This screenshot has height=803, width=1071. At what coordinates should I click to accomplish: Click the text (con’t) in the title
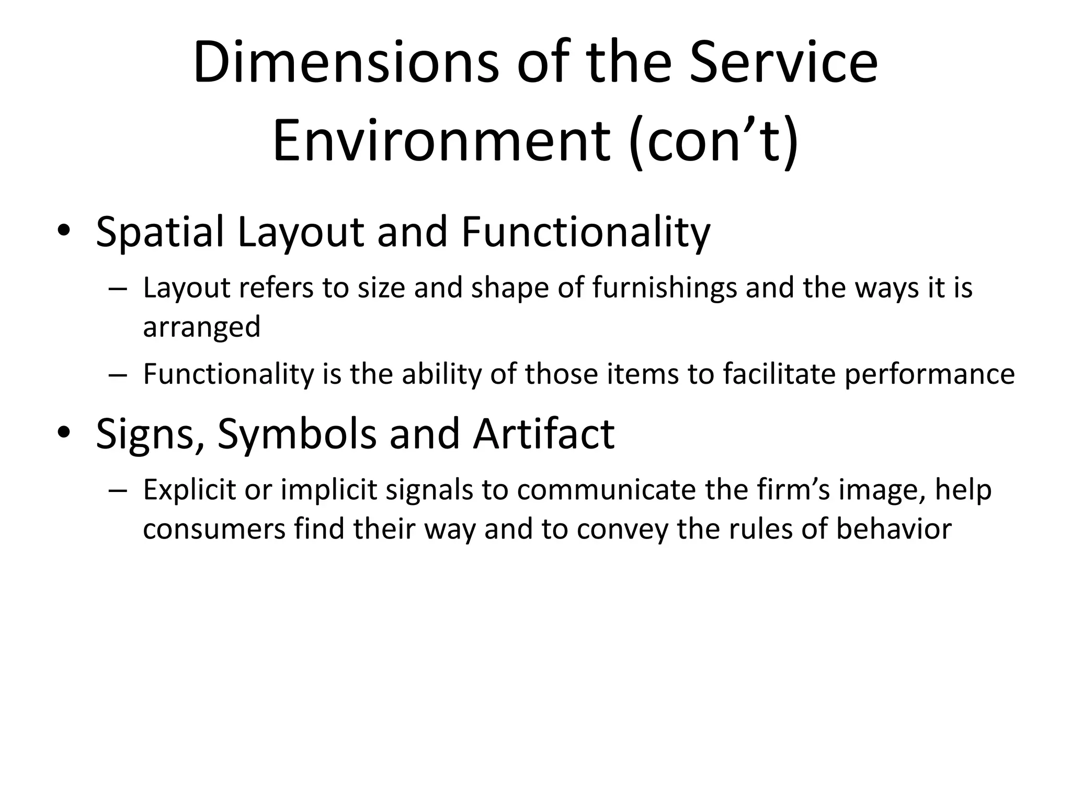(x=714, y=141)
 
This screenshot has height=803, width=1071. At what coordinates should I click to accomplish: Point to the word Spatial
(x=160, y=232)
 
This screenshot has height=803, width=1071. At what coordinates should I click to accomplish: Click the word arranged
(x=201, y=327)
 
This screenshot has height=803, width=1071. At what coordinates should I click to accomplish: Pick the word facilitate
(x=779, y=374)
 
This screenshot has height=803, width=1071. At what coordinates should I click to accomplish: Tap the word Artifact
(x=543, y=434)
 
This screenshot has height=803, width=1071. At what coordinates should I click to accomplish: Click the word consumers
(x=214, y=529)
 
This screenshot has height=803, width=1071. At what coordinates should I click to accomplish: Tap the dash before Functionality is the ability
(x=119, y=375)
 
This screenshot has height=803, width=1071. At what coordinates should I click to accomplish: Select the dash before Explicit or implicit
(x=119, y=491)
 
